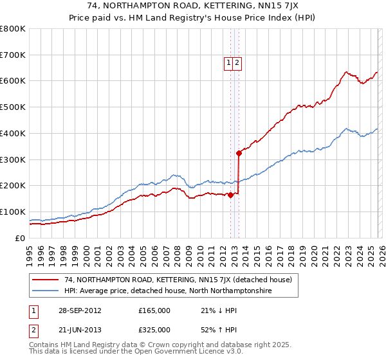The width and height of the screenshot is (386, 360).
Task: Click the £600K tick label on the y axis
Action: coord(13,81)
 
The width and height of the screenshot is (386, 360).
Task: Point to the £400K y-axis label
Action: coord(13,133)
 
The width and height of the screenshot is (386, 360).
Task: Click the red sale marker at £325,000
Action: coord(239,153)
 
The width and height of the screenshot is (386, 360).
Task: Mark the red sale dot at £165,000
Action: coord(230,195)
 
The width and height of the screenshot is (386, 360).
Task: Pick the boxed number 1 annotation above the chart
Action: coord(228,62)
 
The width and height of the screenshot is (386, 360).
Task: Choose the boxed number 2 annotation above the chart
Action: coord(237,62)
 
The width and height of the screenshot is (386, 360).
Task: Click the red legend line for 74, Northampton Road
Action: coord(45,280)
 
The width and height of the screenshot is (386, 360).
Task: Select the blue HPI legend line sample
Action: coord(45,291)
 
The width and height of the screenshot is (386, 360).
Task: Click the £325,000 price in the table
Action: coord(154,330)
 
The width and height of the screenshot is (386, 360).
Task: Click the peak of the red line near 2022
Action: coord(346,72)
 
